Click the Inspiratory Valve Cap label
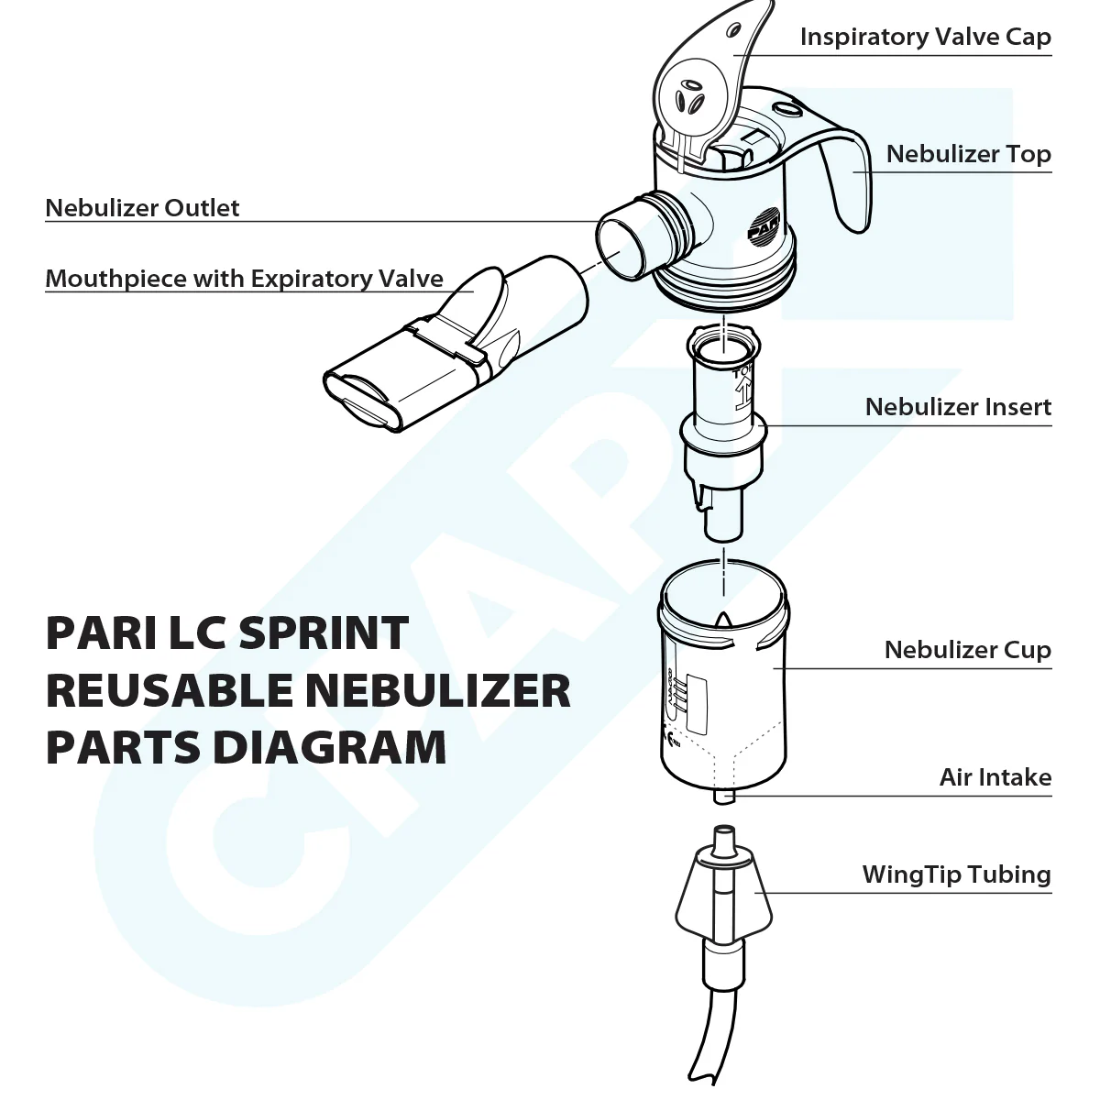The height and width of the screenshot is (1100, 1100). click(925, 37)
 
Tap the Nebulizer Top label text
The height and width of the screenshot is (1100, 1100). click(968, 154)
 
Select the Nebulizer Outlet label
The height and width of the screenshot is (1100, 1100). click(142, 208)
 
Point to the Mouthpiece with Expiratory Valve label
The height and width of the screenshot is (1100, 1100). click(244, 279)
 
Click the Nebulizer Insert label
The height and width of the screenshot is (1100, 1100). click(958, 407)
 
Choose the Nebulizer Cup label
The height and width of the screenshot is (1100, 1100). click(967, 650)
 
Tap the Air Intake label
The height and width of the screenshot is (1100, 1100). click(995, 777)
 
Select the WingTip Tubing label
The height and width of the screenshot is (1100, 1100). click(956, 874)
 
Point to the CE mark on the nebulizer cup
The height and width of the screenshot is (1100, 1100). click(668, 734)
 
